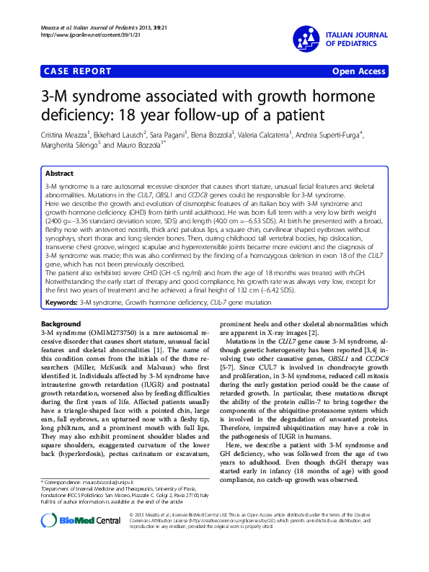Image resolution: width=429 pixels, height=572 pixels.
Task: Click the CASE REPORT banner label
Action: coord(78,71)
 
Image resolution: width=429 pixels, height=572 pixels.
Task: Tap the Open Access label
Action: coord(359,71)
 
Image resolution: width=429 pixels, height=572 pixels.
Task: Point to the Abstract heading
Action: coord(59,174)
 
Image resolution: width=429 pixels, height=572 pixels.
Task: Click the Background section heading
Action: coord(61,324)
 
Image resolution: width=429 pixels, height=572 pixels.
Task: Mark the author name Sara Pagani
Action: coord(174,134)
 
